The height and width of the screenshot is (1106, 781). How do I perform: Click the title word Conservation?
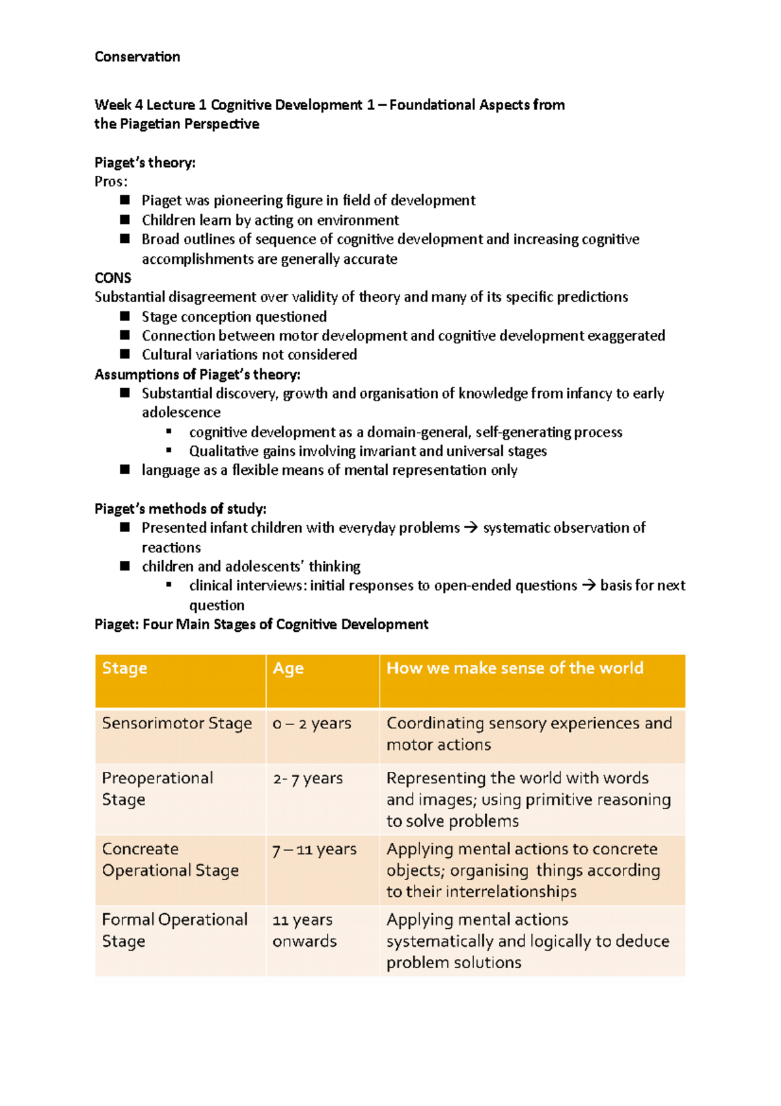pyautogui.click(x=137, y=57)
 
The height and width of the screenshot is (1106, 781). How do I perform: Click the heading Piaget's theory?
pyautogui.click(x=144, y=162)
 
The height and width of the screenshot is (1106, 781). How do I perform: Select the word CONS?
pyautogui.click(x=113, y=278)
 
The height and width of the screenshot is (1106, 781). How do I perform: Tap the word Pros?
pyautogui.click(x=111, y=182)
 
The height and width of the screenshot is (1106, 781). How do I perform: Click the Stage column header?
pyautogui.click(x=124, y=668)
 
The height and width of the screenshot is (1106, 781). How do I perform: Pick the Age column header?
pyautogui.click(x=288, y=668)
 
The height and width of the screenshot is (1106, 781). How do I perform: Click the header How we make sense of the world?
pyautogui.click(x=514, y=668)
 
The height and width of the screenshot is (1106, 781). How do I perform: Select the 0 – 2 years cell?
pyautogui.click(x=312, y=724)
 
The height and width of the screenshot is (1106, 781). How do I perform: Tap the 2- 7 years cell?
pyautogui.click(x=308, y=778)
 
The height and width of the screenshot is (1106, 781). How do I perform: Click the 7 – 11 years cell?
pyautogui.click(x=314, y=849)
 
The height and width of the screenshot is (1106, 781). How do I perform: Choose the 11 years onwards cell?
pyautogui.click(x=305, y=930)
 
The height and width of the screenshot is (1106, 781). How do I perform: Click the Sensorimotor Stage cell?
pyautogui.click(x=176, y=724)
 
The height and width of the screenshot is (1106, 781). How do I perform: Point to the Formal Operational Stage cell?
pyautogui.click(x=174, y=930)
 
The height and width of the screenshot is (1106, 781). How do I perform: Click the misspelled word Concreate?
pyautogui.click(x=140, y=849)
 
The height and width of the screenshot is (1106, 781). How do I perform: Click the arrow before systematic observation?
pyautogui.click(x=471, y=528)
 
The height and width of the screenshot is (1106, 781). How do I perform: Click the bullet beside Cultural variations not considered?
pyautogui.click(x=125, y=354)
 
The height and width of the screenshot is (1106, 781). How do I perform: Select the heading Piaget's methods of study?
pyautogui.click(x=180, y=509)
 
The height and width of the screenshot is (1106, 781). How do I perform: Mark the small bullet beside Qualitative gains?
pyautogui.click(x=169, y=451)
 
